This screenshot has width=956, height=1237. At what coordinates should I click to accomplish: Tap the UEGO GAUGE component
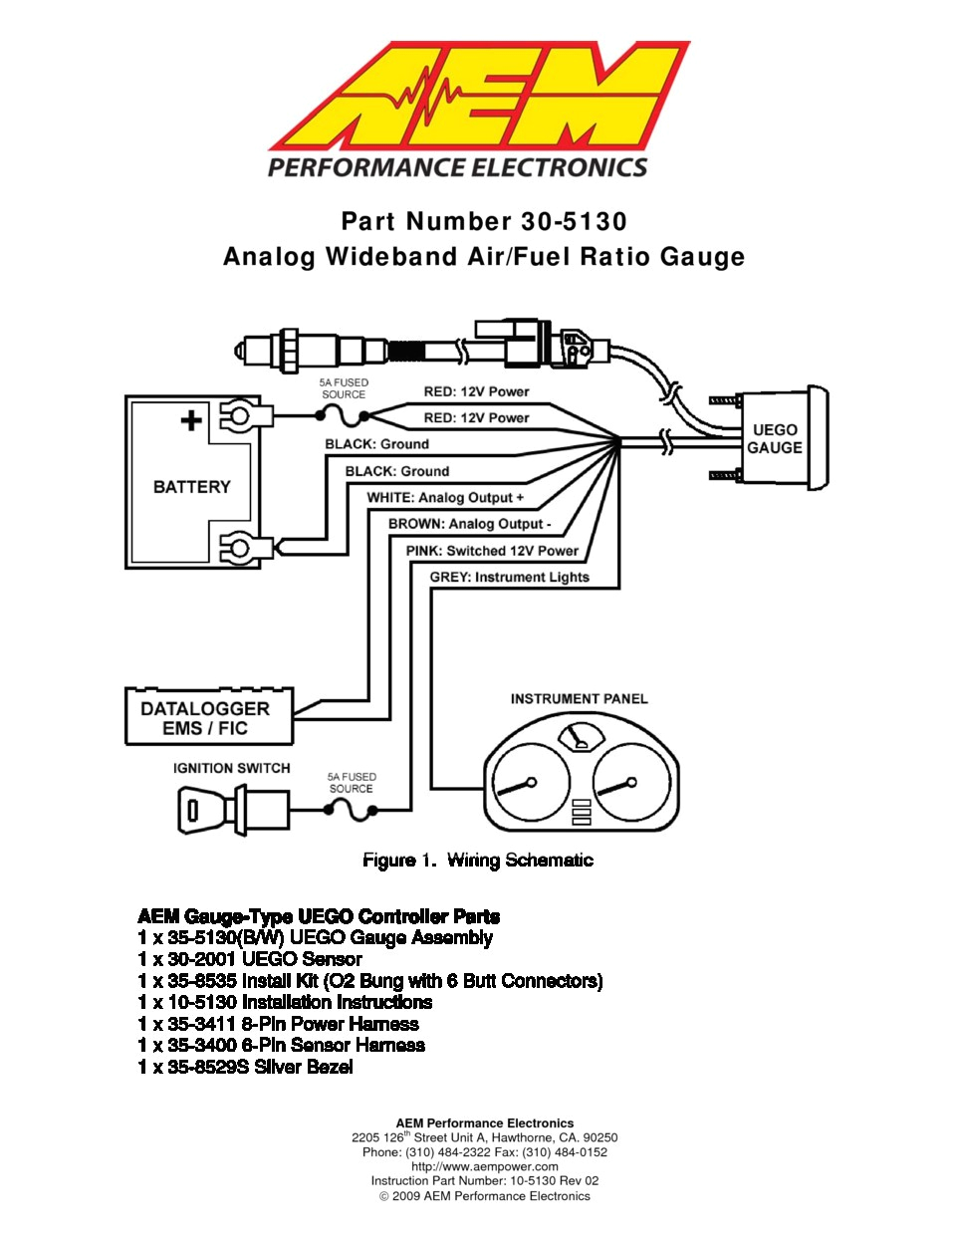point(775,438)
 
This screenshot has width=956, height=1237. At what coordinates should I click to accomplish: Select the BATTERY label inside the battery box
point(191,487)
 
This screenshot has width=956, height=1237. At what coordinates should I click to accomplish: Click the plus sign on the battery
point(190,420)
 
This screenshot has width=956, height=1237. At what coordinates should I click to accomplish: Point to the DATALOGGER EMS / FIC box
point(208,717)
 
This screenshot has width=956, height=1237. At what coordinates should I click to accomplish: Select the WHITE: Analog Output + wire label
point(445,497)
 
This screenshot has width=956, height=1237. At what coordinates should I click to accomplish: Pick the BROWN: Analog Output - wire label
point(469,524)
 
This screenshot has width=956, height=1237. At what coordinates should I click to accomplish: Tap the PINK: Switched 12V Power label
point(492,551)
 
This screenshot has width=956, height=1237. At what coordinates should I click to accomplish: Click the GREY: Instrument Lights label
point(509,577)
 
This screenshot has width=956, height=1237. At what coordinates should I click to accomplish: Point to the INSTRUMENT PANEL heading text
point(579,699)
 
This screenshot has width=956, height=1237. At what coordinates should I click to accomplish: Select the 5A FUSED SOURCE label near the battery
point(344,388)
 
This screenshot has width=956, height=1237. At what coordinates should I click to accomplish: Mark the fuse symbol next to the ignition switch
point(351,811)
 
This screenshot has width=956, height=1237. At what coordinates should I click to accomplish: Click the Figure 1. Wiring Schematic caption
point(477,861)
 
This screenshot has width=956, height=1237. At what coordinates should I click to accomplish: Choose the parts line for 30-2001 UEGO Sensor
point(250,959)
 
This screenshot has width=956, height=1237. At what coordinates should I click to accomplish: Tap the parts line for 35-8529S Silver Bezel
point(245,1067)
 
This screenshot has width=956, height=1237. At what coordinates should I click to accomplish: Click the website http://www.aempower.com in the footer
point(485,1166)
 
